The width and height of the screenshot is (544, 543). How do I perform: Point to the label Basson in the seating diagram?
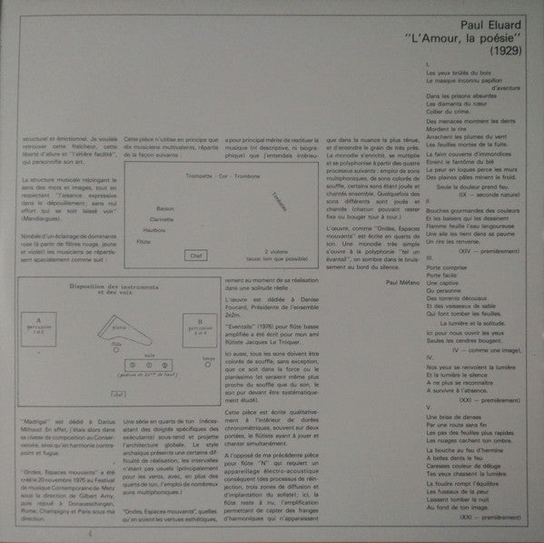point(165,207)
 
